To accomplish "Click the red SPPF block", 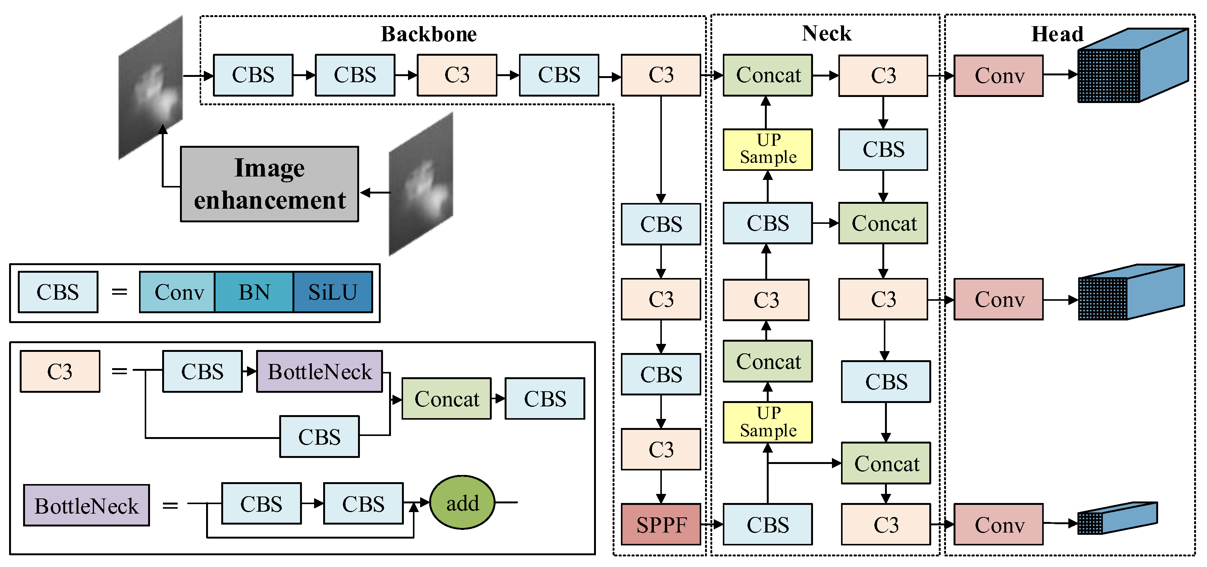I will [x=661, y=524].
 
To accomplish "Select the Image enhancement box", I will [x=269, y=184].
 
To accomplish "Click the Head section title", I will [x=1057, y=34].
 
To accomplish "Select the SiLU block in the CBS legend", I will [x=333, y=292].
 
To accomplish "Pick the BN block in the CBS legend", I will [x=254, y=292].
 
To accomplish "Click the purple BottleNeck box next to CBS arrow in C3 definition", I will [x=319, y=372].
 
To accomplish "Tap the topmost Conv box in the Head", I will [x=999, y=75].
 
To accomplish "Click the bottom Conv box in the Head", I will [x=999, y=524].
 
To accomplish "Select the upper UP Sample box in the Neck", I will [x=768, y=149].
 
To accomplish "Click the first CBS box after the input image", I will [x=253, y=75].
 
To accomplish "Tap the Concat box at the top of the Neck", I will [x=768, y=75].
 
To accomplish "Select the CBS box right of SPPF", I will [x=768, y=524].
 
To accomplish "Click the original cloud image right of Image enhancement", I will [x=421, y=184].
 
